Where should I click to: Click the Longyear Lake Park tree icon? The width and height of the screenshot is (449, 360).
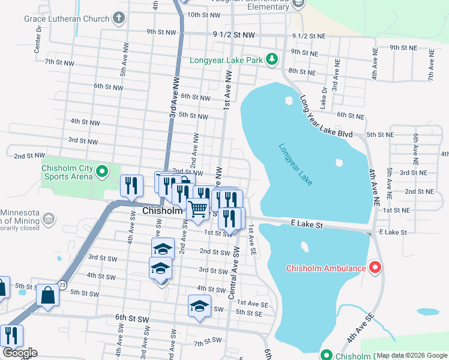point(273,59)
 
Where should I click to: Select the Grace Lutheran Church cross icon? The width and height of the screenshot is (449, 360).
point(119,18)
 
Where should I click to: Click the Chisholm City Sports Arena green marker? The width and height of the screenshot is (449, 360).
point(101,173)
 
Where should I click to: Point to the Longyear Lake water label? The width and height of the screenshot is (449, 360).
point(295,164)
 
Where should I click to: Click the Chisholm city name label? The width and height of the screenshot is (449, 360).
point(162,211)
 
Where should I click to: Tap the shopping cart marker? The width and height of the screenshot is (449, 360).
point(198,209)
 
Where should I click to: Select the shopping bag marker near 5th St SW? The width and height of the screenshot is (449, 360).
point(47,295)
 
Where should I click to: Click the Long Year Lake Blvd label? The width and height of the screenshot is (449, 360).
point(325,115)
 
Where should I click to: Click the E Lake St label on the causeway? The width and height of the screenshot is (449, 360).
point(308,225)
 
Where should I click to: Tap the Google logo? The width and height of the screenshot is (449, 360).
point(20,353)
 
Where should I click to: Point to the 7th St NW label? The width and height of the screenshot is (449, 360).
point(59,62)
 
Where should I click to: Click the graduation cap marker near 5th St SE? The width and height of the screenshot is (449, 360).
point(200,306)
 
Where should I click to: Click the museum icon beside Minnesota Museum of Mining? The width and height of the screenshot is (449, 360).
point(49,218)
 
